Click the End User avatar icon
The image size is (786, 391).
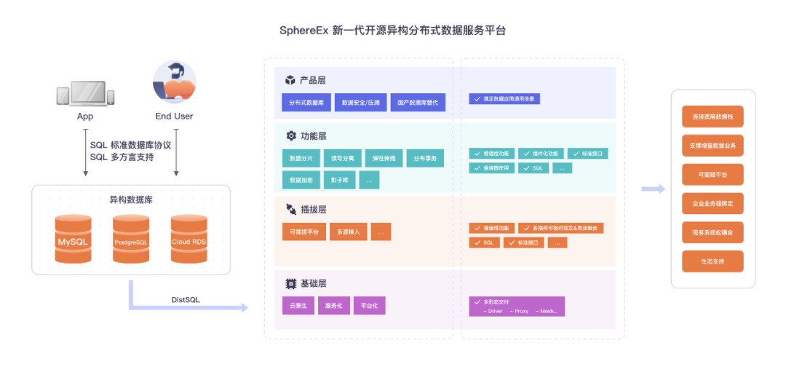(175, 83)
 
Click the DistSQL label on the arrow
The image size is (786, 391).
(186, 299)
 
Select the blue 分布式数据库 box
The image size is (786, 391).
(306, 103)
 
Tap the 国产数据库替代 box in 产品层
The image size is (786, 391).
(417, 103)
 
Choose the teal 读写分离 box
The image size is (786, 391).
(342, 158)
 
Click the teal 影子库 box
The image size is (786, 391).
(339, 180)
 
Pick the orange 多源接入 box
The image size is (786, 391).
(348, 232)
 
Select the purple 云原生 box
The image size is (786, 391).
(298, 306)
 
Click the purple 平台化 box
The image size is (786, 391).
(369, 306)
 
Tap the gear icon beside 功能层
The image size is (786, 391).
(290, 136)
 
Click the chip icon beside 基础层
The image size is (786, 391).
(290, 283)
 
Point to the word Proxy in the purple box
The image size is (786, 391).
(521, 311)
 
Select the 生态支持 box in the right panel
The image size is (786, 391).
(712, 261)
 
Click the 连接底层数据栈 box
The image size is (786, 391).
(712, 116)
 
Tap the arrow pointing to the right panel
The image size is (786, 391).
(653, 189)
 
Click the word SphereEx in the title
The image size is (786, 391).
(303, 31)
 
